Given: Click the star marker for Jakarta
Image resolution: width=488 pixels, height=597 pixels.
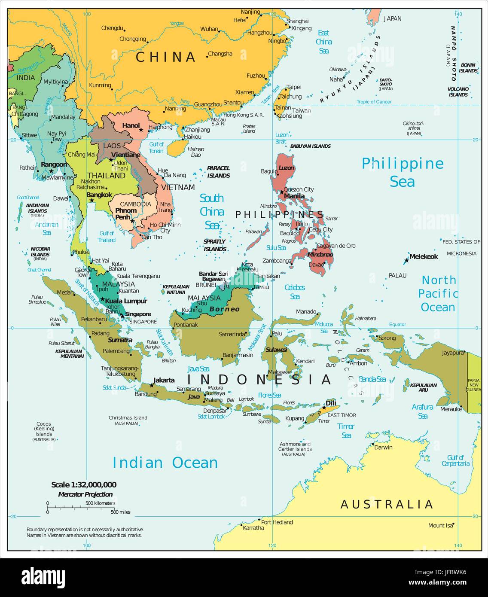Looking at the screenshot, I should tap(152, 385).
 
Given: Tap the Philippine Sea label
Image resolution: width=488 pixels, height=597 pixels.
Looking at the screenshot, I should tap(403, 172).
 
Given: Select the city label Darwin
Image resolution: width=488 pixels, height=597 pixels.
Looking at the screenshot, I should tap(383, 447).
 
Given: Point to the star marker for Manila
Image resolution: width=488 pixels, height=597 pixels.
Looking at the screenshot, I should tap(281, 192).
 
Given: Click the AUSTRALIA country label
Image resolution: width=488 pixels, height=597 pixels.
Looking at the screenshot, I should tap(387, 504).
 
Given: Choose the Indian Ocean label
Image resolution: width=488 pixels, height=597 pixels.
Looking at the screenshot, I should tap(165, 463).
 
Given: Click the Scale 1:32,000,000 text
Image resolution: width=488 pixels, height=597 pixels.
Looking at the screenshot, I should tap(84, 484).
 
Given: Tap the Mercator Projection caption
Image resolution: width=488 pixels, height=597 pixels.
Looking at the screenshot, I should tap(85, 494).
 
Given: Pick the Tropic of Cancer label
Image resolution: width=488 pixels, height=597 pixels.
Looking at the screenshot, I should tap(374, 102).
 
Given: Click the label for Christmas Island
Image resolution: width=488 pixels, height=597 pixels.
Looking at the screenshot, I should tap(128, 417).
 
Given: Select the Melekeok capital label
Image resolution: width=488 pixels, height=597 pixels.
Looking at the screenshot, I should tap(424, 256).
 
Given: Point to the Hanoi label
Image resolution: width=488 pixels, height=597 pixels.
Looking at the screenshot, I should tap(131, 125).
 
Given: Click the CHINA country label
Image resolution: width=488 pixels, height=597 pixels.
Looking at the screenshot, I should tap(166, 57).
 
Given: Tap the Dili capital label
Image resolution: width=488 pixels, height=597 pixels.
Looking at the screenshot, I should tap(331, 403).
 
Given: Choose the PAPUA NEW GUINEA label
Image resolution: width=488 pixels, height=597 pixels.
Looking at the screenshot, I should tap(474, 385).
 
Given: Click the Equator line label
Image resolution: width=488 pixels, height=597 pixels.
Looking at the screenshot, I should tap(397, 324).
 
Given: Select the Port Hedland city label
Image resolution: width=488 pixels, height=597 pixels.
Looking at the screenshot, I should tap(277, 522).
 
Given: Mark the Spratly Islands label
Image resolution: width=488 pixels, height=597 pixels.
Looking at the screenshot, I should tap(215, 245).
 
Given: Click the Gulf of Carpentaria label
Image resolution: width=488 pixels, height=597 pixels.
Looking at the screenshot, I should tap(455, 460).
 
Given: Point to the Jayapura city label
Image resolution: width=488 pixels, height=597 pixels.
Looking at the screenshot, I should tap(453, 353).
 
